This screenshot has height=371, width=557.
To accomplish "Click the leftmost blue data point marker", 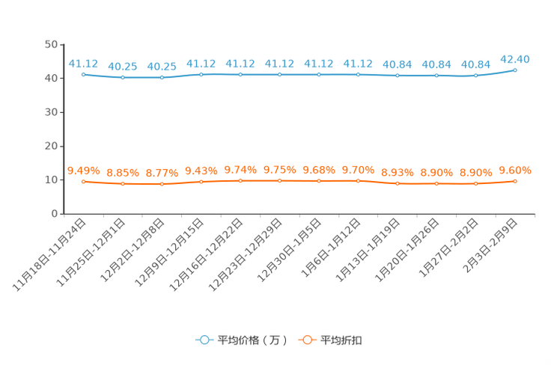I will click(84, 74).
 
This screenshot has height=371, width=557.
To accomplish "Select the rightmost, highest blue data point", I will click(515, 70).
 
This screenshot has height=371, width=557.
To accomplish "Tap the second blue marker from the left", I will click(123, 77).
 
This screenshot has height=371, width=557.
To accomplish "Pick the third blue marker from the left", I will click(162, 77).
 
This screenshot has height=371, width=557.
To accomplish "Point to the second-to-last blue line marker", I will click(475, 75).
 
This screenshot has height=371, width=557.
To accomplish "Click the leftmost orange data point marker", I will click(84, 181).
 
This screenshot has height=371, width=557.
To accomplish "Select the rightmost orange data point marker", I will click(515, 180).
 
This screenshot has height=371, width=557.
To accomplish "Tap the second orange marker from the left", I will click(123, 183).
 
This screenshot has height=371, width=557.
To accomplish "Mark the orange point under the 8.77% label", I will click(162, 183).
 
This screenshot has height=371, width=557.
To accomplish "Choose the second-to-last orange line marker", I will click(475, 183).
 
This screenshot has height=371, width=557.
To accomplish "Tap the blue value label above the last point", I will click(515, 58).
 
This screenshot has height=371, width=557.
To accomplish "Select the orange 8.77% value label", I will click(162, 172).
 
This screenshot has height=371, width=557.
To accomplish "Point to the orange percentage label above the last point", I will click(515, 169).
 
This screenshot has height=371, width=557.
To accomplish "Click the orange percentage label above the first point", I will click(83, 170).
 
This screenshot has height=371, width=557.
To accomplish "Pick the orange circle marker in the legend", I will click(306, 340).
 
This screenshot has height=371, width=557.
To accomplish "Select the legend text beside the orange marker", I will click(341, 340).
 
